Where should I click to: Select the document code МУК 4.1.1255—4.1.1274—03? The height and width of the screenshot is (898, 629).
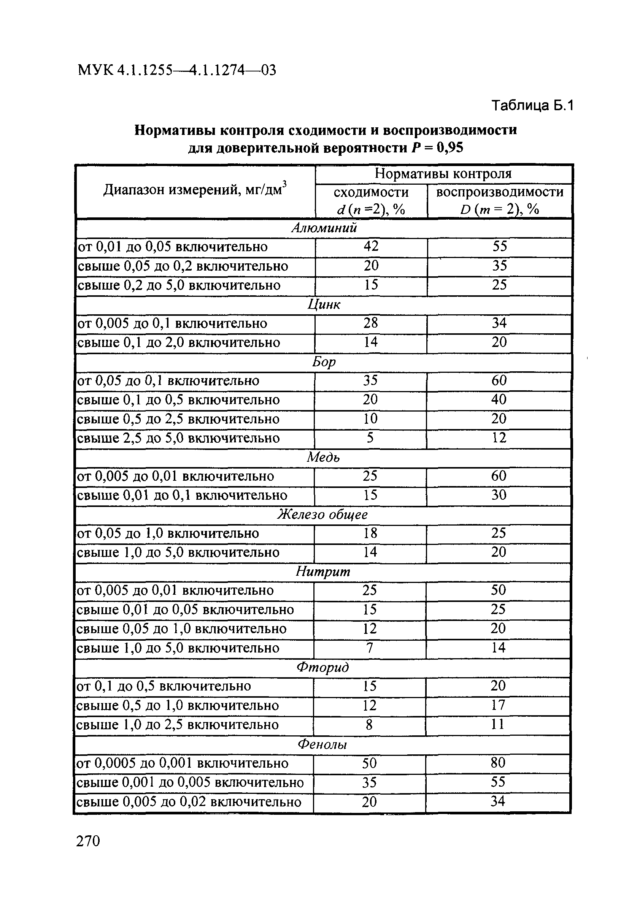pos(177,70)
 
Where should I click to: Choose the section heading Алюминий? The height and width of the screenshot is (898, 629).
pos(324,228)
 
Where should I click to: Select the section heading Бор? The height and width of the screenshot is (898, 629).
pos(324,362)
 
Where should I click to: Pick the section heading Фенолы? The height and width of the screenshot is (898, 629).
pos(322,744)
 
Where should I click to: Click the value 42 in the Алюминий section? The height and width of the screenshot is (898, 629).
pos(371,246)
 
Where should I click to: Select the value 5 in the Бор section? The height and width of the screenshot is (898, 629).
pos(370,438)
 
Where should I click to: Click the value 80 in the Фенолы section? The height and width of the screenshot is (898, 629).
pos(498,763)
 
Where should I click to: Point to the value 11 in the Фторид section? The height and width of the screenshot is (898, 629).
pos(498,724)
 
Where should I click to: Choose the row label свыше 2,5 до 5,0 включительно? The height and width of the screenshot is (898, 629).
pos(178,438)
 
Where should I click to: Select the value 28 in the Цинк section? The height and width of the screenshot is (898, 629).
pos(371,323)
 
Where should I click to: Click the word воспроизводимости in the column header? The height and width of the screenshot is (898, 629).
pos(499,192)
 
